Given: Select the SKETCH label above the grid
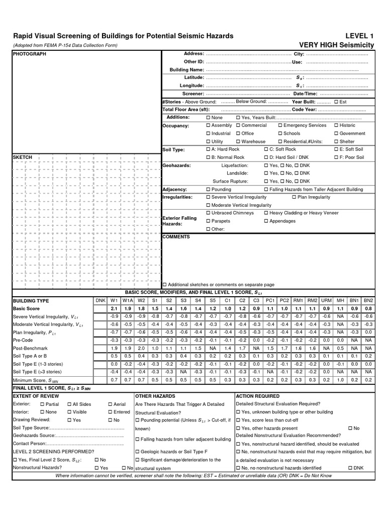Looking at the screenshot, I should click(x=22, y=157).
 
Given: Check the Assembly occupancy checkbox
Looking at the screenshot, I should click(x=209, y=125).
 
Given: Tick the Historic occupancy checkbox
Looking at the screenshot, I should click(x=336, y=125).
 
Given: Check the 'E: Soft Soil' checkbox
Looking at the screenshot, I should click(x=336, y=149).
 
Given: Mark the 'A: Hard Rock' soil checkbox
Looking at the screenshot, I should click(x=209, y=149).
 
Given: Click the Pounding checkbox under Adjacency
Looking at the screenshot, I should click(x=209, y=190).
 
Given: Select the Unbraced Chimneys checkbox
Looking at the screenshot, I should click(x=209, y=213).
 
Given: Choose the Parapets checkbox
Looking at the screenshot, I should click(x=209, y=221).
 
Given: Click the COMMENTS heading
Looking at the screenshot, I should click(x=176, y=236).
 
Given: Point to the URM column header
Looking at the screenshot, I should click(x=326, y=300).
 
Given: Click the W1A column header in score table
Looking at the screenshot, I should click(x=127, y=300).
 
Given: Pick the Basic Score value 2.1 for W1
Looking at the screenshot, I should click(x=114, y=308).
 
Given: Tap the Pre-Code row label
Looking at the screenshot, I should click(x=24, y=340).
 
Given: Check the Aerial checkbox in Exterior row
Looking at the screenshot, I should click(x=110, y=404).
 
